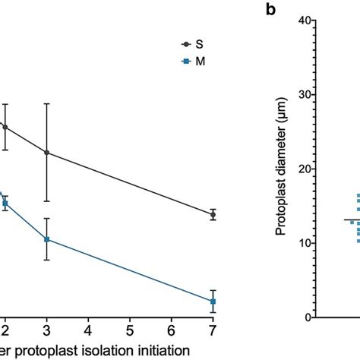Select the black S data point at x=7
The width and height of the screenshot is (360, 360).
point(213,215)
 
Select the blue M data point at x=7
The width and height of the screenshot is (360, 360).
point(213,302)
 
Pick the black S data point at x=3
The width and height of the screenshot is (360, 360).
point(47,153)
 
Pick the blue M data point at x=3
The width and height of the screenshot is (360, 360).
point(47,239)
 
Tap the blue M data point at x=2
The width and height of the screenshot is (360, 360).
point(5,203)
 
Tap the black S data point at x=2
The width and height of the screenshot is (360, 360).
point(5,127)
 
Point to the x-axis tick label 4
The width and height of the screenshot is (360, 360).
point(89,330)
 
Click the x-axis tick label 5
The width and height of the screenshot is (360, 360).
point(130,330)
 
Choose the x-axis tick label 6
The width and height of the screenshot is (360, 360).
point(172,330)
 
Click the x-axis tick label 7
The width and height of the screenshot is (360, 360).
point(213,330)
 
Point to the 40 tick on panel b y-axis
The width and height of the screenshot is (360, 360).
point(306,21)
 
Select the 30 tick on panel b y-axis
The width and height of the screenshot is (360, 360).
point(306,95)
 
